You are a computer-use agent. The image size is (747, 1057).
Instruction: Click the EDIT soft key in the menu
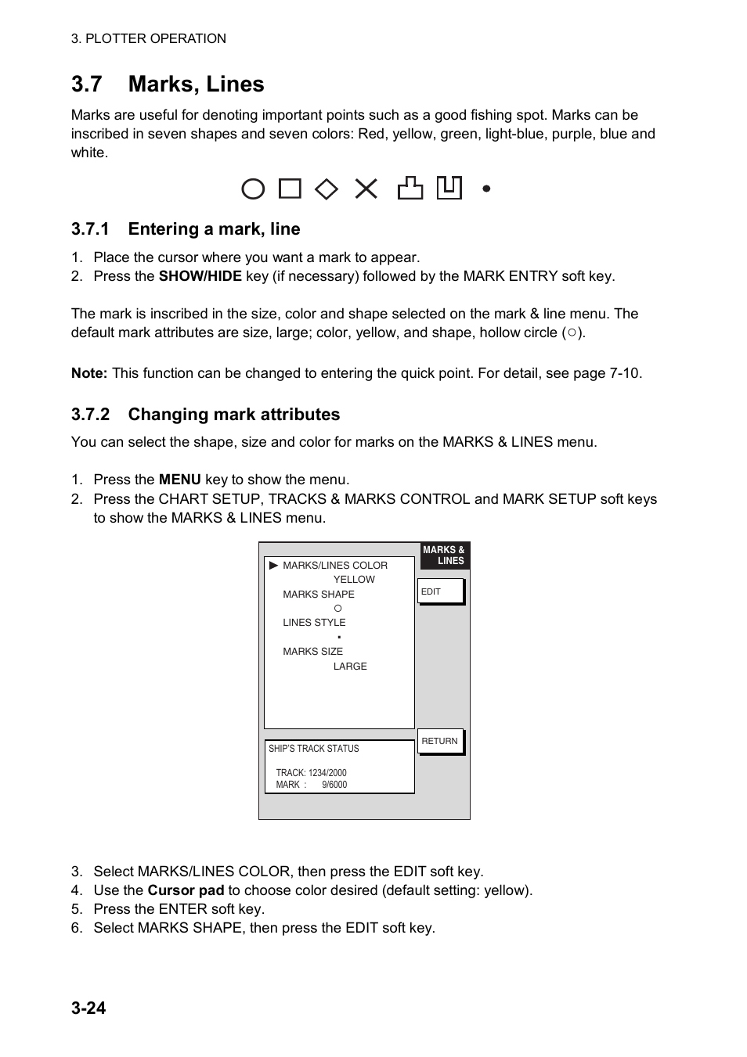441,591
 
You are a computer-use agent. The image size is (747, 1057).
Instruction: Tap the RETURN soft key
440,741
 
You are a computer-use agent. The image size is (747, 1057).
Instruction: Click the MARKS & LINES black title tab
444,555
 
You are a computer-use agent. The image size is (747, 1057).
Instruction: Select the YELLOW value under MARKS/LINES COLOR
354,580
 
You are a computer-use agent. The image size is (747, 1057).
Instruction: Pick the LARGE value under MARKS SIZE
350,667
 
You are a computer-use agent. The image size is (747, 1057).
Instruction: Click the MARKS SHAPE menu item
319,595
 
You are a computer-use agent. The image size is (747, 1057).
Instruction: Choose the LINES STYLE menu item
314,623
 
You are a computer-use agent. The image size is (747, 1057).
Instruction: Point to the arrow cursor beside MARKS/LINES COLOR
273,565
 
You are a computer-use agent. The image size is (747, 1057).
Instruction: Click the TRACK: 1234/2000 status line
311,773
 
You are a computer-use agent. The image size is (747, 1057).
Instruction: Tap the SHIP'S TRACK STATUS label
313,749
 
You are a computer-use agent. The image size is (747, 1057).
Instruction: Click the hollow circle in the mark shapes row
253,189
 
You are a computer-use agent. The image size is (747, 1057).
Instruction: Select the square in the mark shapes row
290,189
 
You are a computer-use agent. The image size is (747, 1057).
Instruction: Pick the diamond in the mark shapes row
327,189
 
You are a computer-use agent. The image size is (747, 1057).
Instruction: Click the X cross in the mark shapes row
366,189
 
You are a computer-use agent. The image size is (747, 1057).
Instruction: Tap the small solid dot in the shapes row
486,189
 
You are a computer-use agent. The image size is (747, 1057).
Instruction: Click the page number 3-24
88,1008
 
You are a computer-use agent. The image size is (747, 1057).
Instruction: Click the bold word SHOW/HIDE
200,276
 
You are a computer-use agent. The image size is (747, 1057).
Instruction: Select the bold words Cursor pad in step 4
186,890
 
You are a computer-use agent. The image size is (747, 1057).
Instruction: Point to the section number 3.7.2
90,415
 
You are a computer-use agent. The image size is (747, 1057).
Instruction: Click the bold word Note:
89,373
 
